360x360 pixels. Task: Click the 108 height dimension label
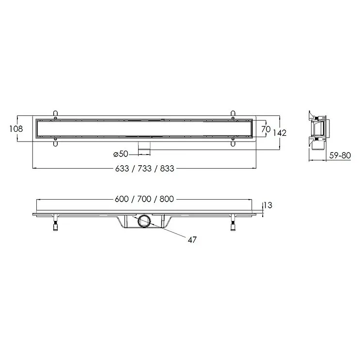coord(16,129)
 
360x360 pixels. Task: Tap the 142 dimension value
coord(280,133)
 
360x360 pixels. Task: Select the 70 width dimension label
coord(266,129)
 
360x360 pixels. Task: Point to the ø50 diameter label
coord(121,154)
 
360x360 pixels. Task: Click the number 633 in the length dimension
coord(122,169)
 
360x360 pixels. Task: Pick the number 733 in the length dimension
coord(144,169)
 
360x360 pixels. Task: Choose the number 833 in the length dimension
coord(167,169)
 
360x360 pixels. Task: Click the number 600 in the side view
coord(122,199)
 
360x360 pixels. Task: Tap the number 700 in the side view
coord(144,199)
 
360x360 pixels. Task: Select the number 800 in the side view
coord(167,199)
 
